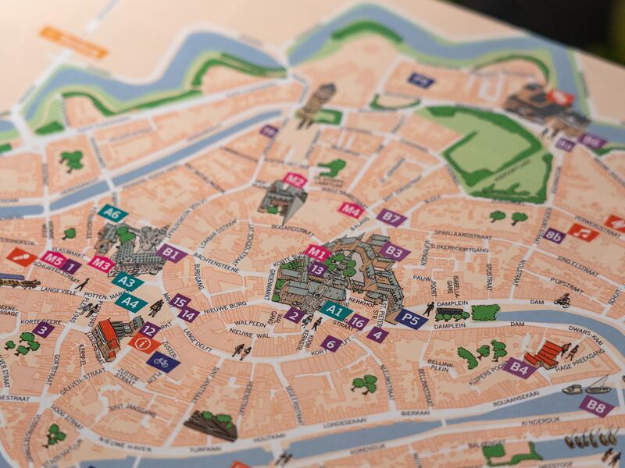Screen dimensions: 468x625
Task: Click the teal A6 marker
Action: (x=112, y=214)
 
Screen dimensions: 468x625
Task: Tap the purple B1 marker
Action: (x=171, y=252)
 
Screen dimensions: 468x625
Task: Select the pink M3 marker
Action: (x=101, y=264)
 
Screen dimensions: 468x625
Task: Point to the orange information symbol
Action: (x=144, y=343)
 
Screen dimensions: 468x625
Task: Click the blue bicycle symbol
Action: (x=162, y=362)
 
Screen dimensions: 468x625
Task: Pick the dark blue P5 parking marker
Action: (x=410, y=317)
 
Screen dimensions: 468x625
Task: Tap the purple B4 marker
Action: (x=519, y=367)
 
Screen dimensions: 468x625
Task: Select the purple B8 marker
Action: (x=596, y=406)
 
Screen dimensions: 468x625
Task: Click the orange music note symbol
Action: (x=582, y=232)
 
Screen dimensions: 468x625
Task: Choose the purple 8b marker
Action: (x=554, y=236)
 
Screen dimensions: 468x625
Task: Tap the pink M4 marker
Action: (x=351, y=209)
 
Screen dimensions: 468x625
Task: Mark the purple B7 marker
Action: (x=391, y=218)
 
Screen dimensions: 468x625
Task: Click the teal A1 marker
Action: (x=336, y=310)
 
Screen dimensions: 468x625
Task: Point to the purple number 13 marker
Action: (x=317, y=269)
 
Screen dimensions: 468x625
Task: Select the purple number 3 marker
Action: (x=43, y=329)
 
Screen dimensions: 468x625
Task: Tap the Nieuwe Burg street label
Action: (x=226, y=304)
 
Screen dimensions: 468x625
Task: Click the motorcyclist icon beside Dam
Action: (x=562, y=300)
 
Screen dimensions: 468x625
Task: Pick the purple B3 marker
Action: (x=395, y=251)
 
